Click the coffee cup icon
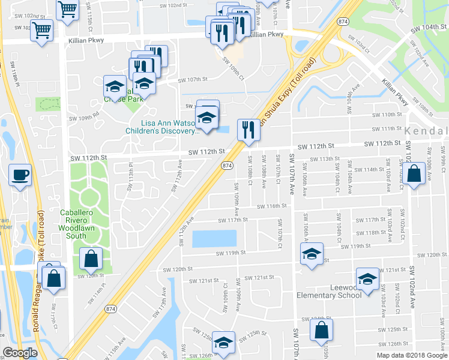pos(20,175)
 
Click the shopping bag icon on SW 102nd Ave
pos(415,174)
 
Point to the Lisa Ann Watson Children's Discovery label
pos(164,127)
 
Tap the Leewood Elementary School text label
pos(329,291)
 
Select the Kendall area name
pos(427,131)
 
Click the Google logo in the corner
pos(20,353)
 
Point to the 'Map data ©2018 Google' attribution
pos(412,355)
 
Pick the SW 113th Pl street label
pos(130,177)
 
